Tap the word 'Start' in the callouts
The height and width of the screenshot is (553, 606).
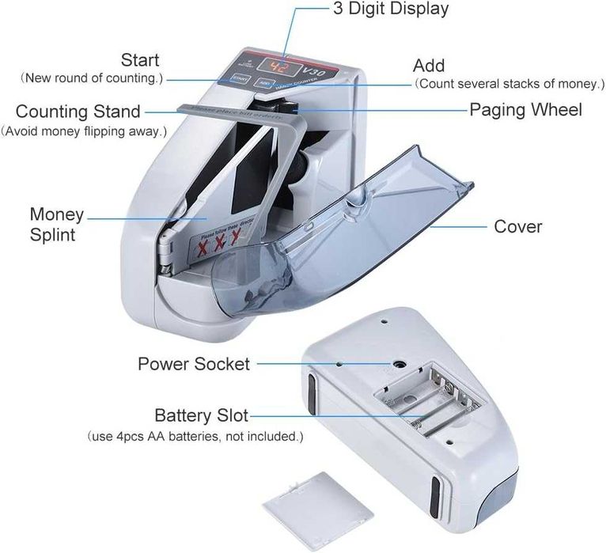[x=139, y=59]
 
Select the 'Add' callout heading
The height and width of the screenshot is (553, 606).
[x=429, y=66]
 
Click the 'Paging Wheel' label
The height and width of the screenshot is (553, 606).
[x=525, y=109]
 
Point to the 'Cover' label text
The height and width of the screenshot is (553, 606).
[x=518, y=226]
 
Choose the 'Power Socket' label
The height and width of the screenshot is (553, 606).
[x=194, y=364]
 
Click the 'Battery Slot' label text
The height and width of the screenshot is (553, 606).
[x=201, y=415]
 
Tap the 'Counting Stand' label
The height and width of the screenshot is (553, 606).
[x=78, y=112]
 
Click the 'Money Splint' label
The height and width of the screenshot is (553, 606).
[x=56, y=225]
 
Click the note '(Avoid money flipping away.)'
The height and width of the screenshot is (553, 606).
[x=84, y=131]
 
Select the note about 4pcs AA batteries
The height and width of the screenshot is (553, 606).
[x=194, y=436]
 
